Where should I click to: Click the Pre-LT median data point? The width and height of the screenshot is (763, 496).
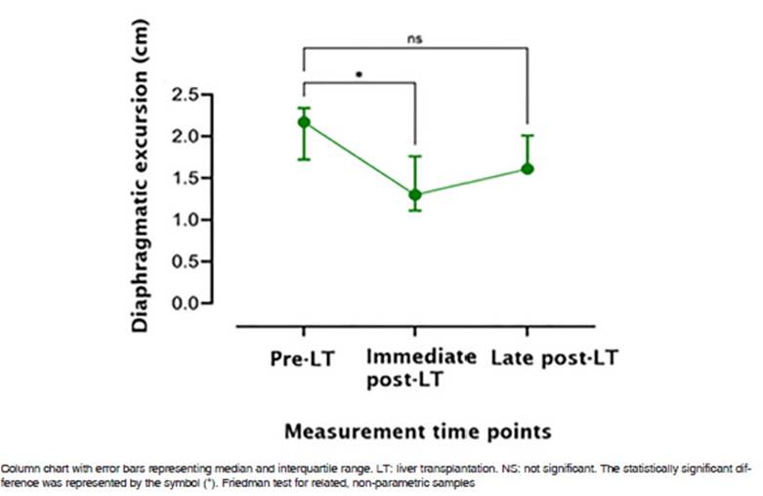(x=304, y=122)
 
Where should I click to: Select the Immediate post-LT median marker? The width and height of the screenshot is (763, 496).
(x=416, y=195)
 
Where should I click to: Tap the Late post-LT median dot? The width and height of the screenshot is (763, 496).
(x=528, y=168)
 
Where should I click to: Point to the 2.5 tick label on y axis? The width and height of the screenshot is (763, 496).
(x=185, y=94)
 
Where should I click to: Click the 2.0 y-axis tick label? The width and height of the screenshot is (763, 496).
(x=185, y=136)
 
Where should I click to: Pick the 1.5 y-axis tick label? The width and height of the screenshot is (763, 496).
(x=185, y=178)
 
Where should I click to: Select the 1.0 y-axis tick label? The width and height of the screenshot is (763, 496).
(x=185, y=220)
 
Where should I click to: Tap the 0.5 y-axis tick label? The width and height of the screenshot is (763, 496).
(x=185, y=262)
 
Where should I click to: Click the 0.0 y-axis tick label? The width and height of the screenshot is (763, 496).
(x=185, y=303)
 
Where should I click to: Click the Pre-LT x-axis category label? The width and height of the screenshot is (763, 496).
(x=302, y=359)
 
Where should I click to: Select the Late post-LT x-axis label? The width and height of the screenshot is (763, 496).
(x=554, y=358)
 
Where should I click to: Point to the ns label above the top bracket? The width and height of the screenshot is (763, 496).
(x=415, y=39)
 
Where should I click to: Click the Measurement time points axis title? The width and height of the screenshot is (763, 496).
(x=417, y=430)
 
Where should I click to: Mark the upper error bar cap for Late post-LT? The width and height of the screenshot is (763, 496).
(x=528, y=136)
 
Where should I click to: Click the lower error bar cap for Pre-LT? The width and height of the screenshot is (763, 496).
(x=304, y=158)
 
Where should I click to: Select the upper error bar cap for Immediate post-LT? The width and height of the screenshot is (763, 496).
(x=416, y=156)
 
